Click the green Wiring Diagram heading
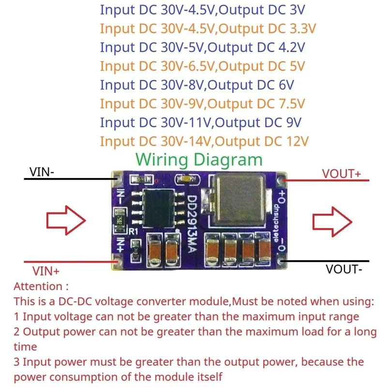coord(199,159)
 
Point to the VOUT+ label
coord(342,174)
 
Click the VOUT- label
coord(344,269)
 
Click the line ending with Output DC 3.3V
coord(208,28)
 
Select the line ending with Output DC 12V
coord(204,141)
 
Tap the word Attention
coord(38,286)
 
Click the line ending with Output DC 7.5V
coord(203,104)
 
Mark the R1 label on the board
coord(134,231)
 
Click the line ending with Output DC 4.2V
coord(202,47)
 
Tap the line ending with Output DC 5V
coord(203,66)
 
